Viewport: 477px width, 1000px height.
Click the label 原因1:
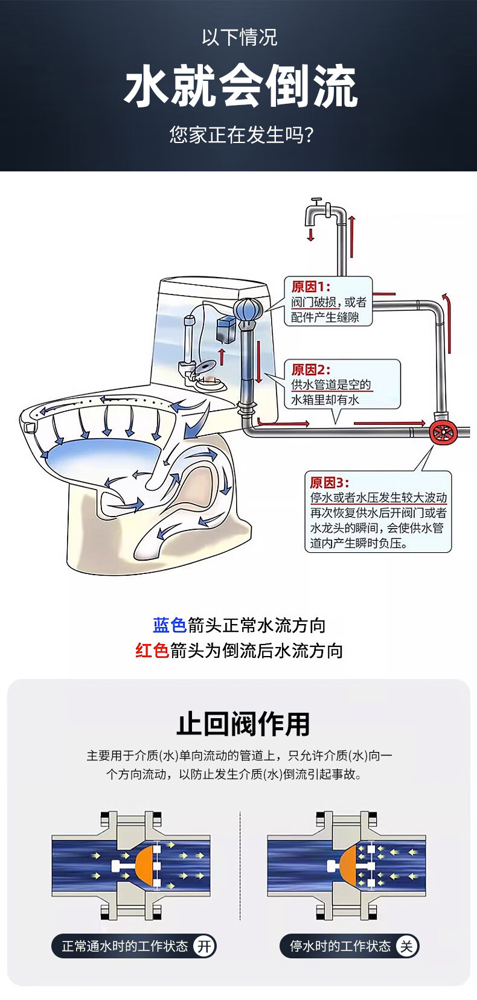coord(311,286)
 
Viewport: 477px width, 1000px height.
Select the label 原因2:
coord(311,369)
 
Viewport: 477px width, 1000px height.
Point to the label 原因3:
coord(330,482)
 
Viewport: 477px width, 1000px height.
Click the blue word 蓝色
coord(170,625)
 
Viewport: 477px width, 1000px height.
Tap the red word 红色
coord(152,651)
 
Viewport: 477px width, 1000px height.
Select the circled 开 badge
coord(204,946)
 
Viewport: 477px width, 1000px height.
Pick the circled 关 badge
coord(406,946)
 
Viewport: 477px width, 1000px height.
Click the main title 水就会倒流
coord(241,86)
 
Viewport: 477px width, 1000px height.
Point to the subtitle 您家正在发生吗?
coord(241,135)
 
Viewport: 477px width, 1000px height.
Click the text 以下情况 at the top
coord(239,37)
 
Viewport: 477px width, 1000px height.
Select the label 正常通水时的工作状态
coord(124,946)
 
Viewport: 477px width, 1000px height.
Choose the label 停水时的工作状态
coord(341,946)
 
